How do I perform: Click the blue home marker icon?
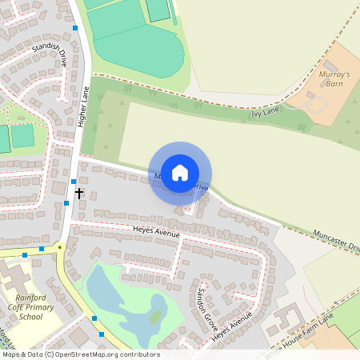[180, 172]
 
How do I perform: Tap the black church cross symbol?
[79, 193]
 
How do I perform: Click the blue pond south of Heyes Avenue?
[120, 304]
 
